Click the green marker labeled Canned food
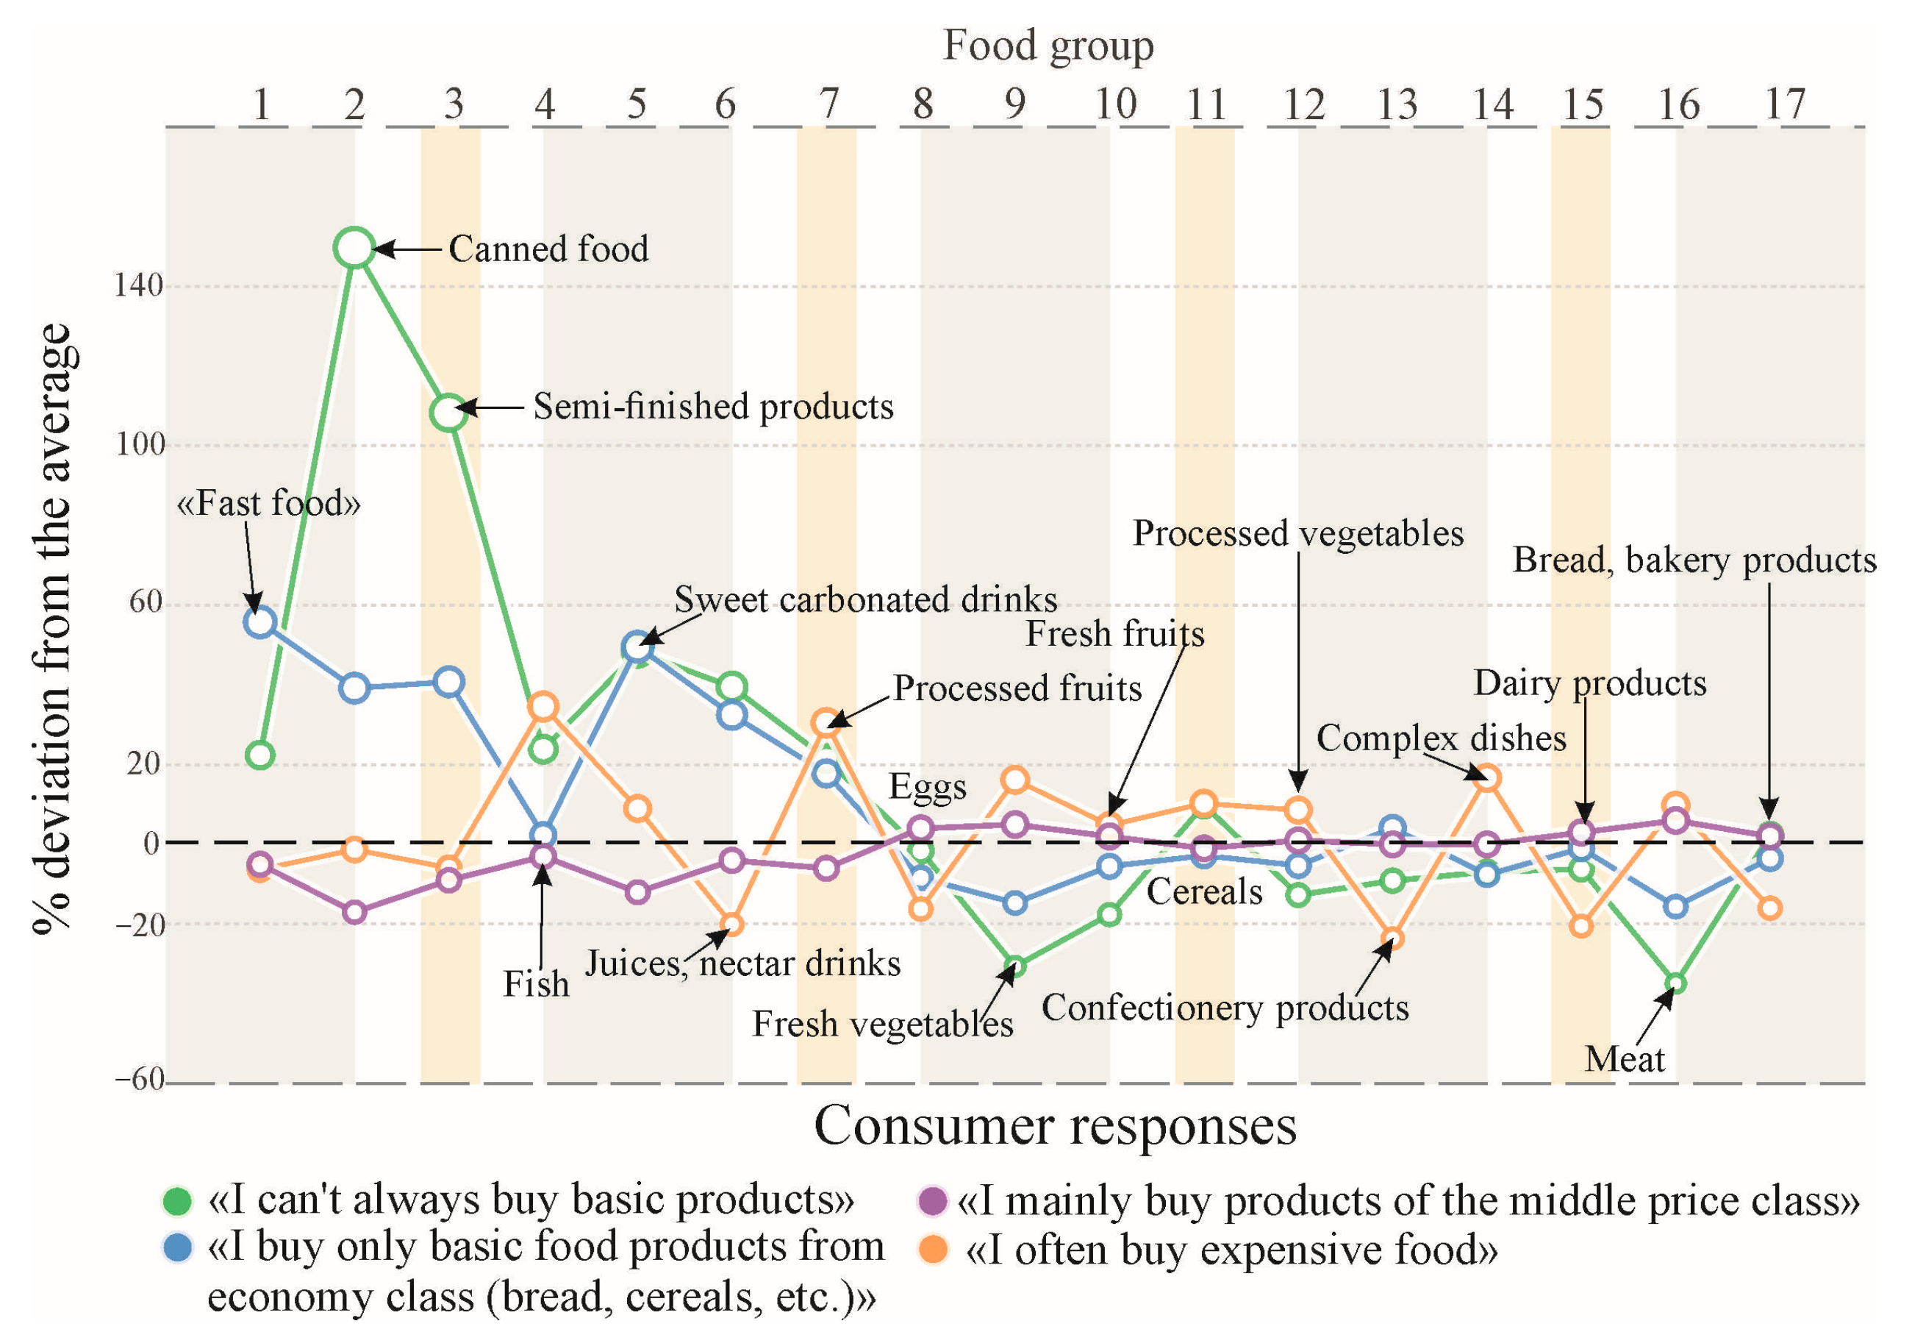point(355,249)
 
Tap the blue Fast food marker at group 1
point(259,622)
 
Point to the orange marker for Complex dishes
point(1486,778)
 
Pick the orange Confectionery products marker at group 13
point(1392,939)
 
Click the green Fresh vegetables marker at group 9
point(1014,967)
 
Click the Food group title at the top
point(1048,45)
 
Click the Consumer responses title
point(1054,1126)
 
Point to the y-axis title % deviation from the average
point(55,629)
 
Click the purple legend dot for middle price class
point(932,1201)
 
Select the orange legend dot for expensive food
point(933,1250)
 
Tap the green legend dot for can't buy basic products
point(176,1201)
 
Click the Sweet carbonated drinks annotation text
point(865,599)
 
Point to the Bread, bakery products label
point(1694,560)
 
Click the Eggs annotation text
point(928,786)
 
